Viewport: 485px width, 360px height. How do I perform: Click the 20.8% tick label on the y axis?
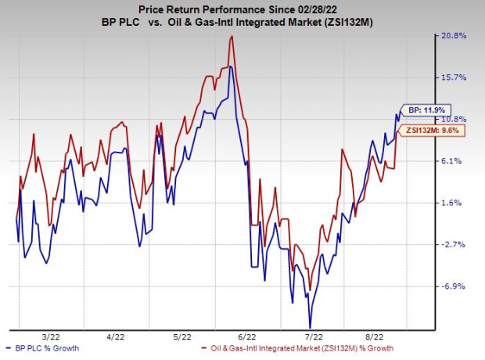[x=456, y=36]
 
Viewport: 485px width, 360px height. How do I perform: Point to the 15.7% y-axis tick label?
[x=456, y=77]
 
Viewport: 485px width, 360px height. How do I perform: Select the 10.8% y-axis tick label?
[x=456, y=119]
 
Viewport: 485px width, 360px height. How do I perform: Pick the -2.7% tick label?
[x=456, y=245]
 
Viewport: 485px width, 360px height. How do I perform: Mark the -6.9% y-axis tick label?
[x=456, y=286]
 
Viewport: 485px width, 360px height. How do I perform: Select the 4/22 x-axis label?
[x=115, y=337]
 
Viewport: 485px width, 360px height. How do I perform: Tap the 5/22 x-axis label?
[x=181, y=337]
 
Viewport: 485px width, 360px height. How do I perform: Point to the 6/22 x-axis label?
[x=246, y=337]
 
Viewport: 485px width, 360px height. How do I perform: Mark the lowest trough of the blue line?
[x=310, y=327]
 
